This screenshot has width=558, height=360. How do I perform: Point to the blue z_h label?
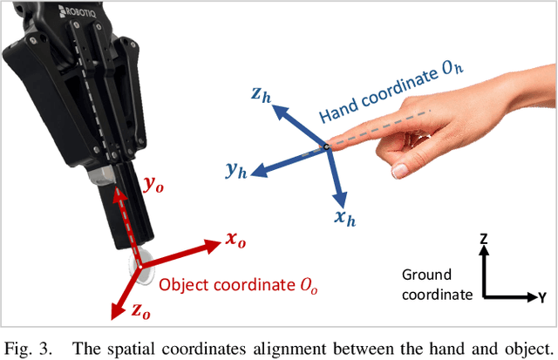[x=261, y=95]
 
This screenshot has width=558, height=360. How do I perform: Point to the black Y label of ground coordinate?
[x=541, y=297]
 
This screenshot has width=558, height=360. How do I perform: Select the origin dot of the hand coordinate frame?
[x=325, y=147]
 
